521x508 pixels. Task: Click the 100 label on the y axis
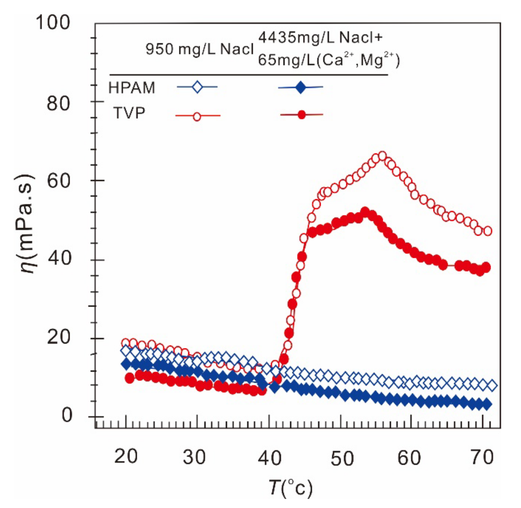[x=53, y=22]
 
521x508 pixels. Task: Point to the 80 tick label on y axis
[x=58, y=103]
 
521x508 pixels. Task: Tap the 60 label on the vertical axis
[x=58, y=181]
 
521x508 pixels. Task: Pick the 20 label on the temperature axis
[x=126, y=457]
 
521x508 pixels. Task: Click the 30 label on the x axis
[x=194, y=457]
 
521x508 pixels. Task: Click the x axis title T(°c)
[x=291, y=488]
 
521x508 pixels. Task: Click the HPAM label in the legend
[x=132, y=88]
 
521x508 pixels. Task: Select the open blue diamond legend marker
[x=197, y=87]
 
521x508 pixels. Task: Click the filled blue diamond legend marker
[x=301, y=87]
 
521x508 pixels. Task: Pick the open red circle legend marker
[x=197, y=117]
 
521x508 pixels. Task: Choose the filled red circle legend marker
[x=301, y=115]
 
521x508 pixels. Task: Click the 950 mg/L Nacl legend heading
[x=200, y=49]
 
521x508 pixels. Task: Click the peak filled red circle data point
[x=365, y=211]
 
